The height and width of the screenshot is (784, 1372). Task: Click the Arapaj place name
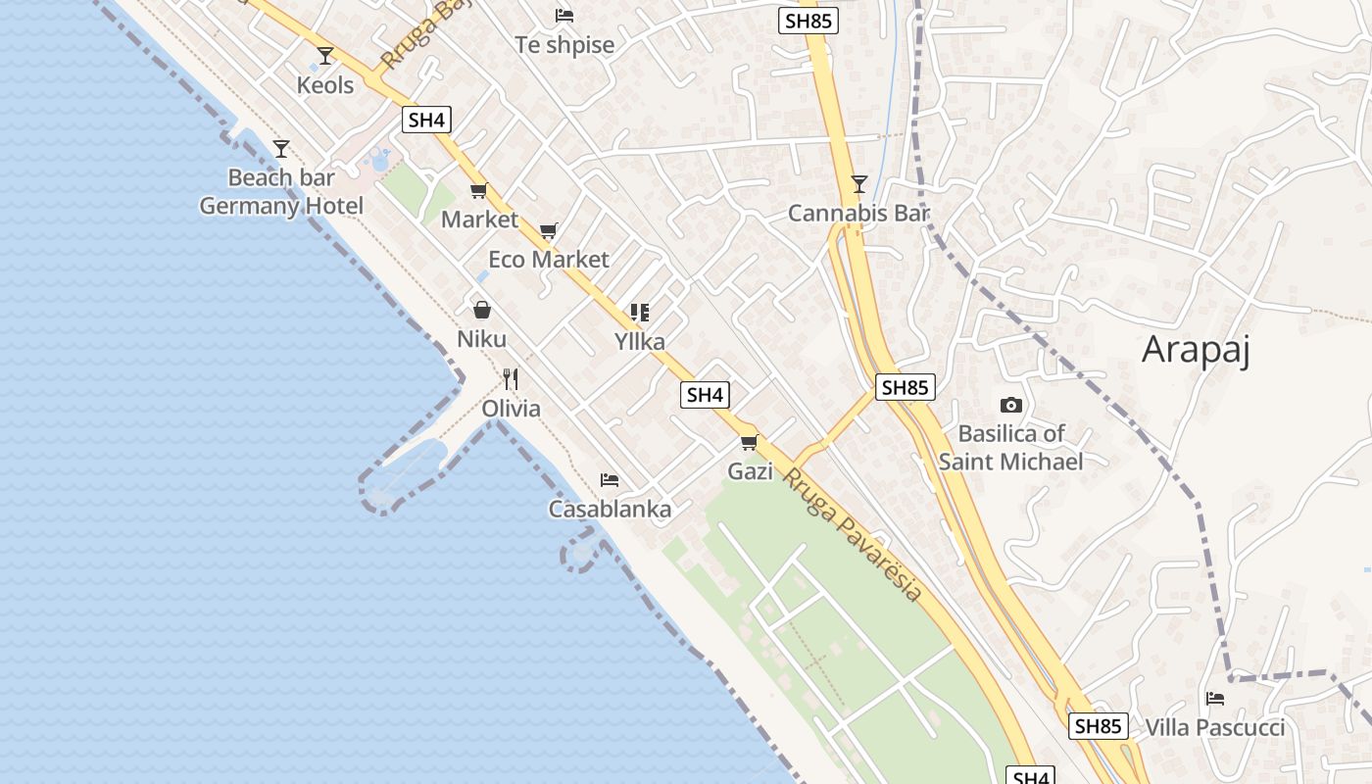pos(1196,350)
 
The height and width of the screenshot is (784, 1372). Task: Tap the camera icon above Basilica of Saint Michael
pos(1010,405)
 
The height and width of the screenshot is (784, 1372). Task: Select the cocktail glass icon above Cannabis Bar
pos(858,183)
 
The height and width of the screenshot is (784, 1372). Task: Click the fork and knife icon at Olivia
pos(510,378)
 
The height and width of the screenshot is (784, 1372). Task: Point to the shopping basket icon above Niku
pos(482,310)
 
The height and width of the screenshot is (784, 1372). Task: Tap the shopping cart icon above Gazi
pos(750,442)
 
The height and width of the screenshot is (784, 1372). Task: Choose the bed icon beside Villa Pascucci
pos(1215,699)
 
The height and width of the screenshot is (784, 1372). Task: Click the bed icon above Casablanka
pos(610,480)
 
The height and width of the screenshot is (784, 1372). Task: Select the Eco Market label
pos(549,260)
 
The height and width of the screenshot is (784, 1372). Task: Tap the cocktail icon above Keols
pos(325,55)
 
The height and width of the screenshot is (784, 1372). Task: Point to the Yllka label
pos(639,342)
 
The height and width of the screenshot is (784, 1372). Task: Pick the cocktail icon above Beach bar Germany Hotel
pos(281,148)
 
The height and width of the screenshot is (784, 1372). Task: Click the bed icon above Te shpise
pos(564,16)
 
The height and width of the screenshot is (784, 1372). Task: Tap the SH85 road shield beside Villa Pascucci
pos(1098,726)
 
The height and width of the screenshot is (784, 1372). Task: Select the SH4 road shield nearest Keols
pos(426,121)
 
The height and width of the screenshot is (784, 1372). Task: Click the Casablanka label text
pos(610,510)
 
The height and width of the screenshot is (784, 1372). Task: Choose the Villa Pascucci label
pos(1215,728)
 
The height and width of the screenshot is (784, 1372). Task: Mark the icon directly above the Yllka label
pos(639,313)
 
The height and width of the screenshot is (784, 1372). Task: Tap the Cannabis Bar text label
pos(858,214)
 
